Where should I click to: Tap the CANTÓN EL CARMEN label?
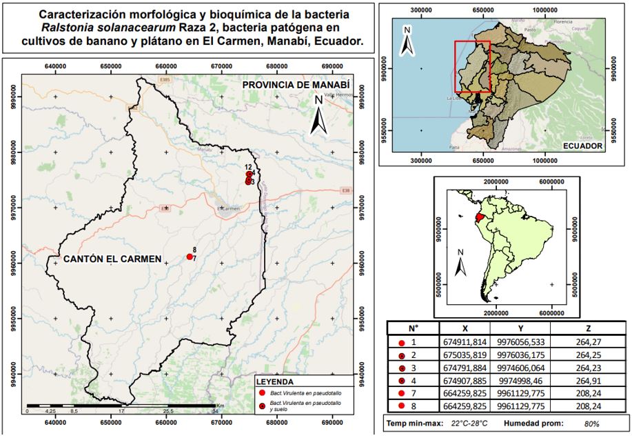112,259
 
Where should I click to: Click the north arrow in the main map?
318,116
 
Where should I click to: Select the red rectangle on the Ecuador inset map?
472,66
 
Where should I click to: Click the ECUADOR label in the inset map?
582,146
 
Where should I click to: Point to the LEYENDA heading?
275,381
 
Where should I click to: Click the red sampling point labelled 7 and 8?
190,257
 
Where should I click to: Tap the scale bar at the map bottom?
124,406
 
